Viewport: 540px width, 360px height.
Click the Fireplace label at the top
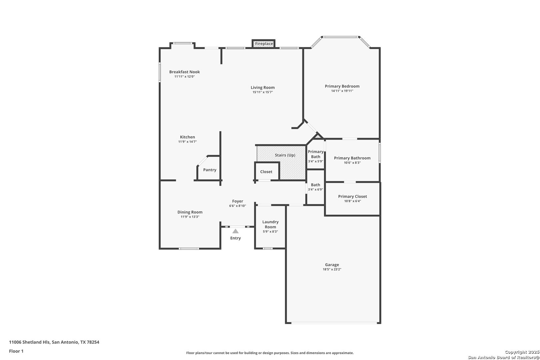click(x=264, y=44)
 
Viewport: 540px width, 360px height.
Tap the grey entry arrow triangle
click(x=235, y=231)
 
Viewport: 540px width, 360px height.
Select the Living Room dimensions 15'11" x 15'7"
click(x=263, y=92)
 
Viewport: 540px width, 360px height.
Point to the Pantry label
click(x=209, y=170)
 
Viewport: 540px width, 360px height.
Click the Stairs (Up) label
click(x=285, y=155)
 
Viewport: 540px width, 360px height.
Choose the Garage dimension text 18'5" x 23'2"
click(x=332, y=269)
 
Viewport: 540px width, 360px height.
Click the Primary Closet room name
click(x=352, y=197)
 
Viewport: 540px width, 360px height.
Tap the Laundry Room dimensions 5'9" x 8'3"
click(x=270, y=231)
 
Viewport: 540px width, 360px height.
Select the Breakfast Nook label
click(x=184, y=72)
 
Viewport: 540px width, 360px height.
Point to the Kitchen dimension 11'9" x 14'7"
click(x=187, y=142)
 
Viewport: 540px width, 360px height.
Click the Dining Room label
click(x=190, y=212)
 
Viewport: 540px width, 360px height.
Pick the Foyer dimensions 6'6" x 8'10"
click(x=237, y=206)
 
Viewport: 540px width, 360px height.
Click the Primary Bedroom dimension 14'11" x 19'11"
click(x=342, y=91)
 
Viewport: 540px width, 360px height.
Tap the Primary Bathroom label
click(x=352, y=158)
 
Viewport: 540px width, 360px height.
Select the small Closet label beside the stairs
click(x=266, y=172)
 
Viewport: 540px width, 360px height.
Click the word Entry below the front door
click(x=235, y=238)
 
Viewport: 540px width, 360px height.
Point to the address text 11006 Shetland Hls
click(x=29, y=342)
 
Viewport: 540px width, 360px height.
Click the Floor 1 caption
click(x=16, y=351)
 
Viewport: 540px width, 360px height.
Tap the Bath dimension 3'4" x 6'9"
click(x=315, y=190)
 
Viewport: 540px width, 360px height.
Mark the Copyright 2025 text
click(x=522, y=352)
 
